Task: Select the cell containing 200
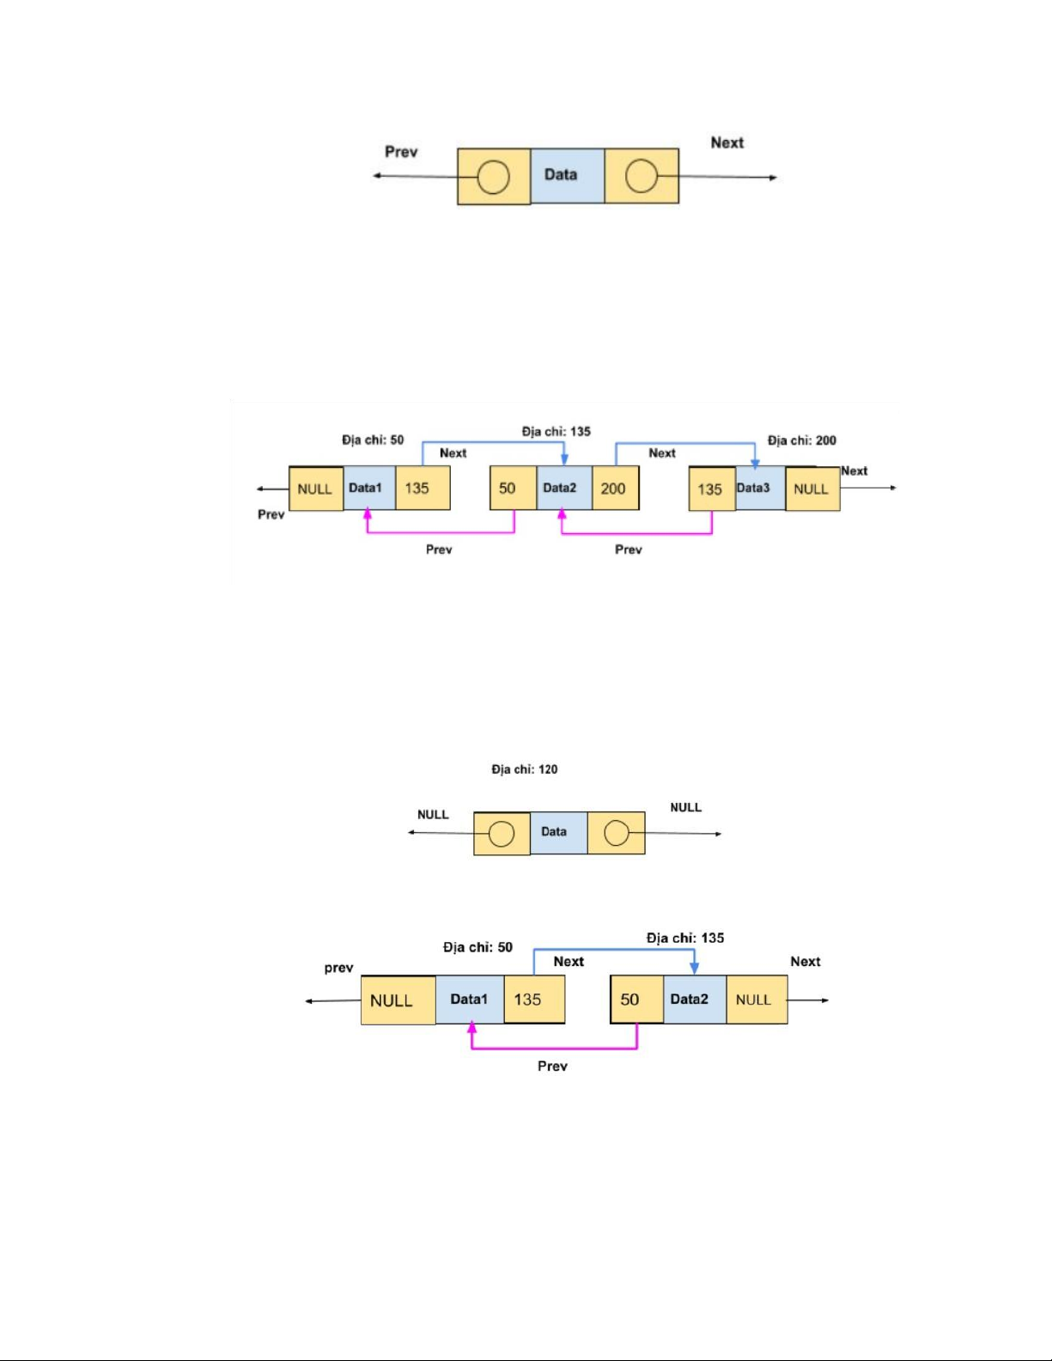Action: [614, 489]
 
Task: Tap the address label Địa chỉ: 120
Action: [524, 769]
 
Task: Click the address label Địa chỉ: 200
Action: [801, 441]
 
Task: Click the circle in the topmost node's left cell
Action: [493, 177]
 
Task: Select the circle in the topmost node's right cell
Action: [641, 177]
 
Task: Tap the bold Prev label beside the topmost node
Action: [401, 152]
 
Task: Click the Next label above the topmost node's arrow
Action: [727, 143]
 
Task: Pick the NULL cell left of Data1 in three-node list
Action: [315, 489]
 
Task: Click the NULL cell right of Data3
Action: [812, 489]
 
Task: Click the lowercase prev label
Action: [338, 968]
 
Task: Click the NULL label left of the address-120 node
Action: [433, 814]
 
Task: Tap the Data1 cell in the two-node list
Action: [469, 999]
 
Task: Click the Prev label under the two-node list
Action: [552, 1066]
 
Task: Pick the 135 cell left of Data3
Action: [711, 489]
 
